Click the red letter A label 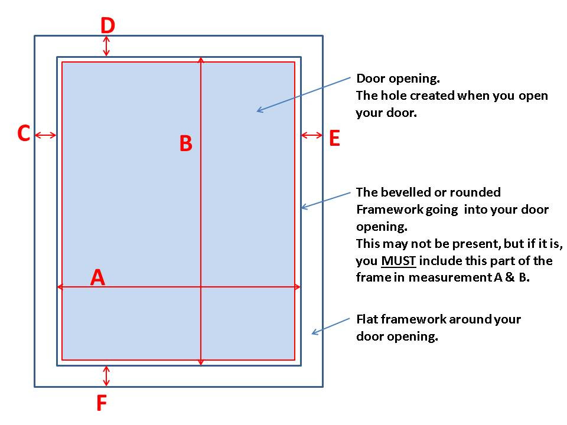click(x=97, y=277)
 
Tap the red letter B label click(x=186, y=143)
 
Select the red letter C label click(x=24, y=133)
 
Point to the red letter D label click(x=107, y=25)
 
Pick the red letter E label click(x=334, y=138)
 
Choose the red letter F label click(x=102, y=403)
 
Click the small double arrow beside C click(x=45, y=135)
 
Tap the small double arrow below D click(x=106, y=46)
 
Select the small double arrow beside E click(x=312, y=135)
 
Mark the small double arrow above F click(x=106, y=376)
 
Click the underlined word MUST click(x=399, y=260)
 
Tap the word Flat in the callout click(x=367, y=319)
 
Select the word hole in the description click(x=394, y=96)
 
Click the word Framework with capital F click(x=390, y=209)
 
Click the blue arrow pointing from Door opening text click(x=304, y=94)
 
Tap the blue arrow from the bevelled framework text click(x=326, y=201)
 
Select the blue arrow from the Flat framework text click(x=331, y=326)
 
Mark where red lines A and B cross click(x=201, y=287)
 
